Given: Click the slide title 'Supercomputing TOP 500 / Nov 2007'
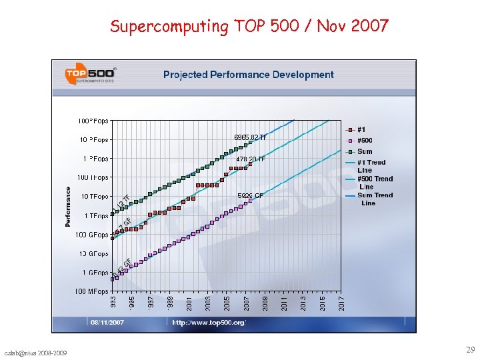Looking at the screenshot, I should [x=249, y=26].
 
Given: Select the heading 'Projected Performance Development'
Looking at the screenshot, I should [x=248, y=75].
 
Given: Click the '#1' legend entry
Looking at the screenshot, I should [x=361, y=129].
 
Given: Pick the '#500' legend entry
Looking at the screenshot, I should [x=364, y=141].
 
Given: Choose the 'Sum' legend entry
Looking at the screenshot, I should [x=364, y=151].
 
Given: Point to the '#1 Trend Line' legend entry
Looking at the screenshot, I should [x=370, y=166].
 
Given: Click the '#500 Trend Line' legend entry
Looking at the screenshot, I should [x=374, y=182].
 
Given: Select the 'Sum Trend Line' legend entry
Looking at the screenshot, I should [x=374, y=199].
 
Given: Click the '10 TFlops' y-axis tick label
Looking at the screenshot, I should [x=95, y=197].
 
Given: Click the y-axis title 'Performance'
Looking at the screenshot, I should [x=68, y=207].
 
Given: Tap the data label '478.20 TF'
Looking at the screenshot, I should [x=251, y=159].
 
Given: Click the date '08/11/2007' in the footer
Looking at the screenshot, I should [x=109, y=323].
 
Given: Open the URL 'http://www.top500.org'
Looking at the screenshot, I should [x=209, y=323].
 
